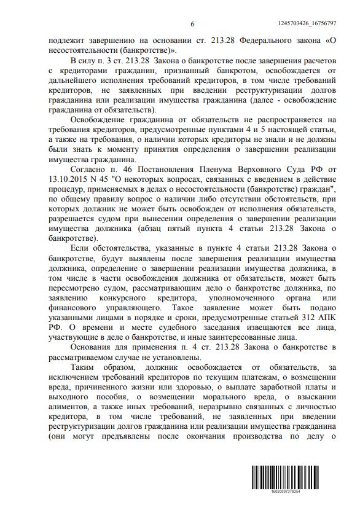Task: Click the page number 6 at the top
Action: pos(192,23)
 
